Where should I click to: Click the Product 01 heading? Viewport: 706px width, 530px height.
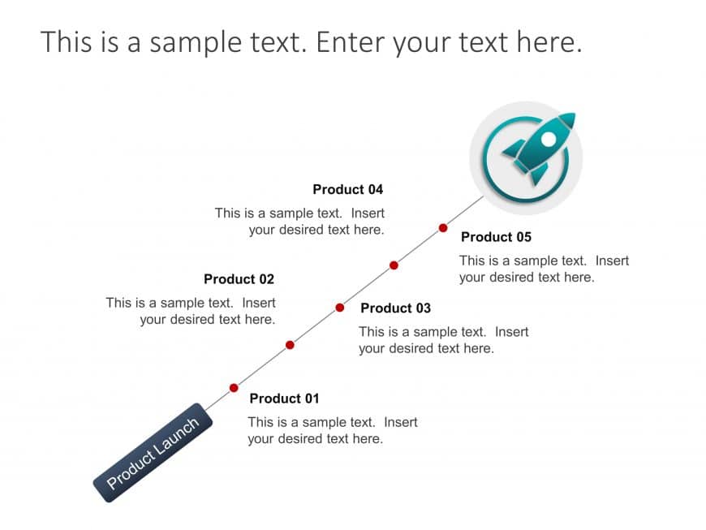coord(284,399)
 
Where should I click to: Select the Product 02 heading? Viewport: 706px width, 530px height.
coord(239,279)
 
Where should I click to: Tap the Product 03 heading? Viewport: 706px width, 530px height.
coord(395,308)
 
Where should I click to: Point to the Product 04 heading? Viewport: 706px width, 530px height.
coord(347,190)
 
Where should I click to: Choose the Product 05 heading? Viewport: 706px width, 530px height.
coord(496,237)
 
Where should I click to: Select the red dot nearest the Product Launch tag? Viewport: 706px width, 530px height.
coord(234,388)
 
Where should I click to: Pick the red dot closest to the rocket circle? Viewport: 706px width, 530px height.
coord(443,228)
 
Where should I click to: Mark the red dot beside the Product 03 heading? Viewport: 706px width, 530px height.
coord(340,308)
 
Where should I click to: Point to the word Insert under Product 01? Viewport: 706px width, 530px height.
coord(401,422)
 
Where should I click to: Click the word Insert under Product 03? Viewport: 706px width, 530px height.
coord(511,332)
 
